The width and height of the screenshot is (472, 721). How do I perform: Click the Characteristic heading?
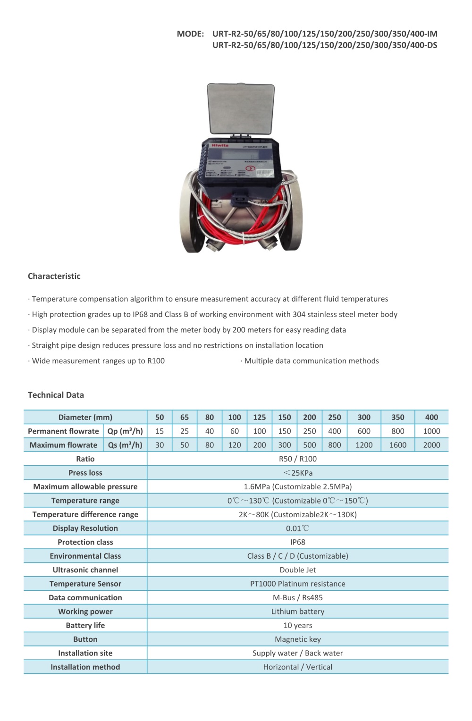tap(54, 277)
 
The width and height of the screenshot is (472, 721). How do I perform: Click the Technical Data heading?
tap(56, 395)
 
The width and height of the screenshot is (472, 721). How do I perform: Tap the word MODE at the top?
tap(190, 34)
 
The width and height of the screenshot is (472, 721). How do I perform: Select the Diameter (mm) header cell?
tap(85, 418)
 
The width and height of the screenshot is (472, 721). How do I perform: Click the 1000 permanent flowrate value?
tap(431, 431)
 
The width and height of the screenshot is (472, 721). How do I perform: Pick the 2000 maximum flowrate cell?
tap(431, 445)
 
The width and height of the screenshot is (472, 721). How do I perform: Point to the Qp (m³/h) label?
tap(125, 431)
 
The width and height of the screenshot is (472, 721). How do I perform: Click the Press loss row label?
tap(85, 473)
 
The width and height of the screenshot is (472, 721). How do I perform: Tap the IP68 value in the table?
tap(298, 542)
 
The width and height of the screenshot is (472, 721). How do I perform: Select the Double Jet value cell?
tap(298, 570)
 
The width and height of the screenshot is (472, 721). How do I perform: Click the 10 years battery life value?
tap(298, 626)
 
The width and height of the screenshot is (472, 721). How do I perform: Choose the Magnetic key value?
tap(298, 639)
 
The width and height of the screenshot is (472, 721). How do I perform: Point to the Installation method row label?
tap(85, 667)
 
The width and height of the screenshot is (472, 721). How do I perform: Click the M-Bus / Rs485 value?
tap(298, 598)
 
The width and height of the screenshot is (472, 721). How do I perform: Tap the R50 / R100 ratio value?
tap(298, 459)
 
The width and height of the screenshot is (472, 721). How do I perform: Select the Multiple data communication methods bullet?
tap(311, 361)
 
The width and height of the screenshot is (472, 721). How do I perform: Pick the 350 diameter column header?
tap(398, 418)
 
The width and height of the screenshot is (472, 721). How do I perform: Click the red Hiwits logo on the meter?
tap(220, 146)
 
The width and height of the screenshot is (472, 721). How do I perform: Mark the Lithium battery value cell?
tap(298, 612)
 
